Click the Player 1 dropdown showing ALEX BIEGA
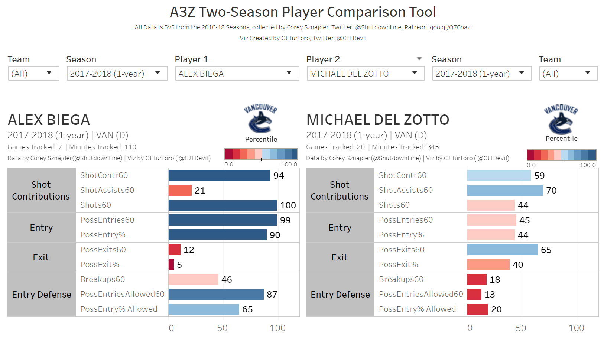237,73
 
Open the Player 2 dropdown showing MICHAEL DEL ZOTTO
365,73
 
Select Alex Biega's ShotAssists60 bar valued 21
180,190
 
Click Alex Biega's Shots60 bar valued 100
223,205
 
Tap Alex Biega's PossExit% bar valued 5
171,265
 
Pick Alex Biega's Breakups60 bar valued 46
194,279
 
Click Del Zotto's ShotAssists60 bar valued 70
505,190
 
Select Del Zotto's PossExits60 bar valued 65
502,250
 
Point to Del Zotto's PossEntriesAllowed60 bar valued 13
474,294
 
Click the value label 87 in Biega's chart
272,295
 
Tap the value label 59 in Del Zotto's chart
539,176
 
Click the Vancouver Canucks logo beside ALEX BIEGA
260,119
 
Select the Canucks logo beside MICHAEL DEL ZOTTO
561,119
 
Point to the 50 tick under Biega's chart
223,328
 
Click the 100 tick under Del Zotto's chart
576,328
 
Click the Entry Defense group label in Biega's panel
42,295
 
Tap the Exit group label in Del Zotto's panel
340,257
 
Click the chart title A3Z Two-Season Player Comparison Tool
303,12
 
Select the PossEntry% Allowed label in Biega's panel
119,309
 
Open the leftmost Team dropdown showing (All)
33,73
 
